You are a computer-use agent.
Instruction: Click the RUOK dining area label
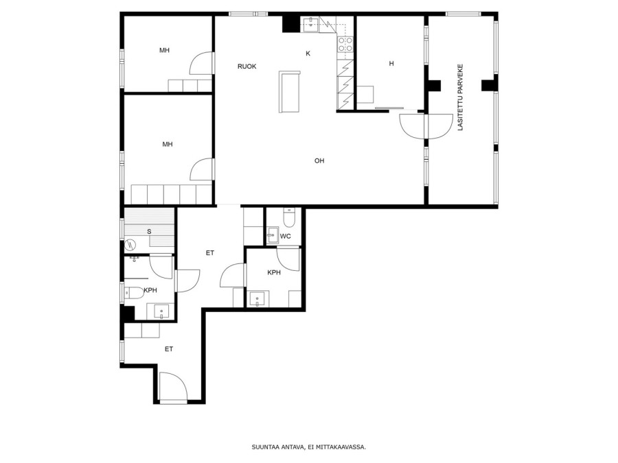tap(247, 67)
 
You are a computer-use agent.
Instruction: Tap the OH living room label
tap(319, 161)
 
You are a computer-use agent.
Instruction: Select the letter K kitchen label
tap(308, 54)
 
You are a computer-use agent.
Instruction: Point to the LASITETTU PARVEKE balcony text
tap(460, 97)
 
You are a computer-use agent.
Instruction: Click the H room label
tap(391, 63)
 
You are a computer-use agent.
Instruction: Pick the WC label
tap(286, 236)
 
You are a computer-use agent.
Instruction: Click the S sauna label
tap(150, 232)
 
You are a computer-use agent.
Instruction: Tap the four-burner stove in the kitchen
tap(345, 44)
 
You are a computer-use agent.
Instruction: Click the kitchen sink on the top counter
tap(311, 21)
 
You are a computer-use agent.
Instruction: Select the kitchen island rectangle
tap(290, 91)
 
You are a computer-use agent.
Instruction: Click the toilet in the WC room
tap(289, 217)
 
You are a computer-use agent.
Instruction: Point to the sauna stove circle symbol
tap(130, 246)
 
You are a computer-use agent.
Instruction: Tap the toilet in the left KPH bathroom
tap(134, 293)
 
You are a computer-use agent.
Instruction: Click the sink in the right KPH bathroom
tap(257, 299)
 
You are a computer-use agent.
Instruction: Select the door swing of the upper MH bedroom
tap(201, 63)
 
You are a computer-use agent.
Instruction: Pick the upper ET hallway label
tap(209, 253)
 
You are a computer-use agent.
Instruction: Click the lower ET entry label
tap(169, 349)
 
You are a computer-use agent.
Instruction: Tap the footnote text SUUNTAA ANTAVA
tap(278, 447)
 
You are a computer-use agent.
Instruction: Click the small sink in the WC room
tap(272, 235)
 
